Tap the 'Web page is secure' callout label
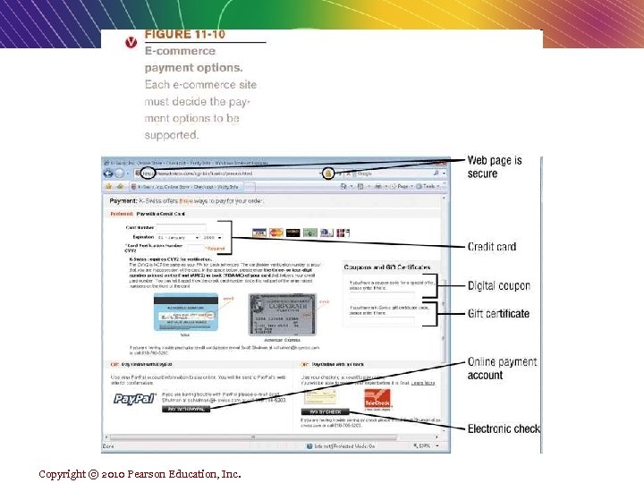tap(495, 166)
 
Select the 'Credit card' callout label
tap(492, 247)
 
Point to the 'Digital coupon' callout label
tap(499, 286)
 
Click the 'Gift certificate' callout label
tap(498, 314)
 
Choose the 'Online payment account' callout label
tap(502, 369)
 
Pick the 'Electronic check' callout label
tap(504, 428)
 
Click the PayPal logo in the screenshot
tap(135, 398)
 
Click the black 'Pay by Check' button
tap(326, 412)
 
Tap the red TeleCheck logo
tap(374, 398)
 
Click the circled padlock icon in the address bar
tap(328, 173)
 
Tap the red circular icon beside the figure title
tap(131, 41)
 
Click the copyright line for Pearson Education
tap(140, 473)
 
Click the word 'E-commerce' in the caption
tap(180, 51)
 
